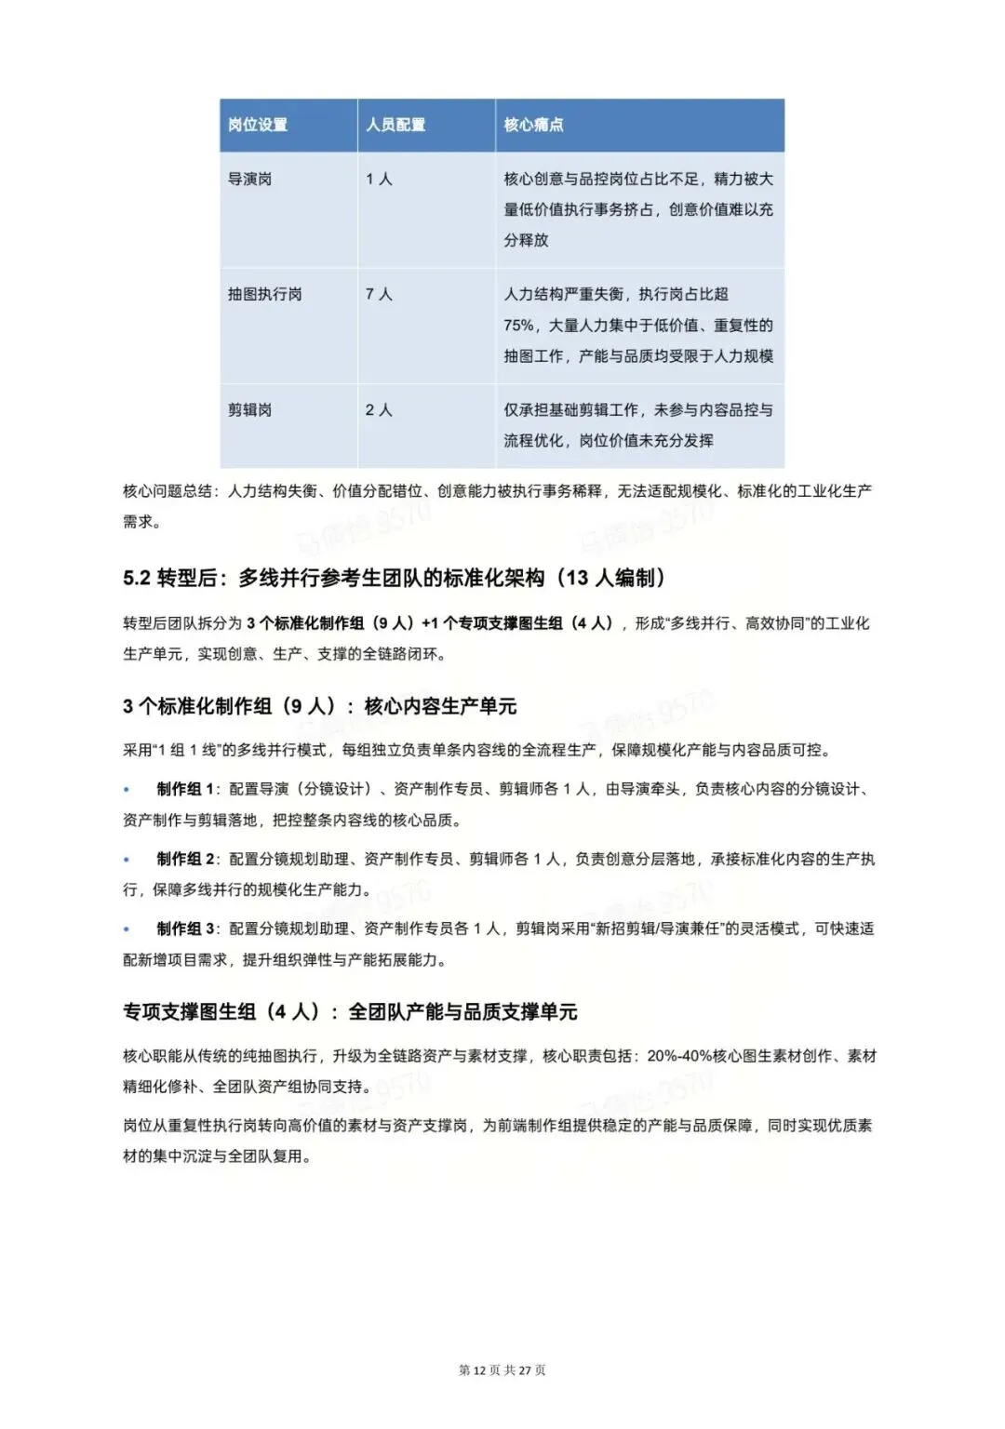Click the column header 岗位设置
[x=258, y=125]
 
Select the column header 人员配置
[x=395, y=125]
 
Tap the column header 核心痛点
[x=533, y=125]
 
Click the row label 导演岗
[x=250, y=179]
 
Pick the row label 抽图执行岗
[x=265, y=294]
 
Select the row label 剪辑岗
[x=250, y=409]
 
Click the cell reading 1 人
[x=379, y=179]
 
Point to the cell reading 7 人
[x=379, y=294]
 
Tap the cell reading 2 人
[x=379, y=409]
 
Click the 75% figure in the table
[x=519, y=326]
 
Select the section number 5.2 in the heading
[x=137, y=578]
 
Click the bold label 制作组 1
[x=185, y=789]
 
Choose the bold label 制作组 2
[x=185, y=859]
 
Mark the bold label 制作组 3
[x=185, y=928]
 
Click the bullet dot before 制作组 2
[x=127, y=859]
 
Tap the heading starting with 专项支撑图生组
[x=350, y=1011]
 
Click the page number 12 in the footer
[x=480, y=1370]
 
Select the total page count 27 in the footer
[x=525, y=1370]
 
